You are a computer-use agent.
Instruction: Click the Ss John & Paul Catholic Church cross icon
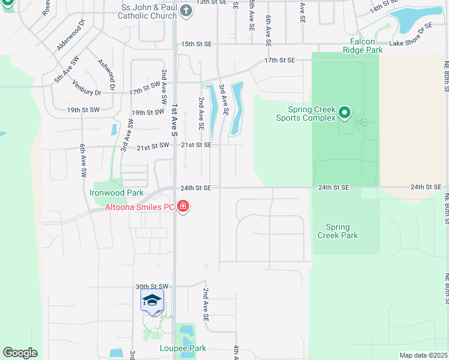point(186,11)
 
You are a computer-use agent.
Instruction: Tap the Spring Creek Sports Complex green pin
point(345,113)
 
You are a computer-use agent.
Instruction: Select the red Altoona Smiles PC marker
point(184,208)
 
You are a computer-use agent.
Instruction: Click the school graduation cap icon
point(152,301)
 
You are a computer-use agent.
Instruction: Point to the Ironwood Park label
point(116,193)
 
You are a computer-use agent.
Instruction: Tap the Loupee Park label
point(183,348)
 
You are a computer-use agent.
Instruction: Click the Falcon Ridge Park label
point(363,46)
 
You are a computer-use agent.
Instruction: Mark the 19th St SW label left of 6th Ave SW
point(82,110)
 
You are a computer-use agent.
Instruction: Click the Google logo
point(20,353)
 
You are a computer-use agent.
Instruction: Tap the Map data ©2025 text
point(423,355)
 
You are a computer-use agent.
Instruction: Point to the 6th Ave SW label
point(83,162)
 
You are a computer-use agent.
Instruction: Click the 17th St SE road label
point(280,60)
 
